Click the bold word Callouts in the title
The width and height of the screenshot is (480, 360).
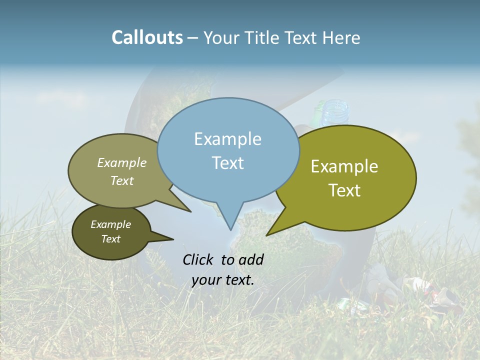click(147, 37)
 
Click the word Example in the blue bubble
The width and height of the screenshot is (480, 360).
click(228, 139)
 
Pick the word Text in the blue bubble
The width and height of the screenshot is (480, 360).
click(228, 163)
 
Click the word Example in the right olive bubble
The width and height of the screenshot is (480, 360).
click(344, 166)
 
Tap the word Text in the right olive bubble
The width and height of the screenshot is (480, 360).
click(345, 190)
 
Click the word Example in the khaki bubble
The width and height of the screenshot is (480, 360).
click(122, 162)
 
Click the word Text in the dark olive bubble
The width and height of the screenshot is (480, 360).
click(111, 239)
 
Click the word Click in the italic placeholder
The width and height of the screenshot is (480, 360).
click(199, 259)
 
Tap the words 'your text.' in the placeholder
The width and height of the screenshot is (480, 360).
click(223, 280)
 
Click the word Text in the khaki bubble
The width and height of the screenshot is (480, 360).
click(122, 180)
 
